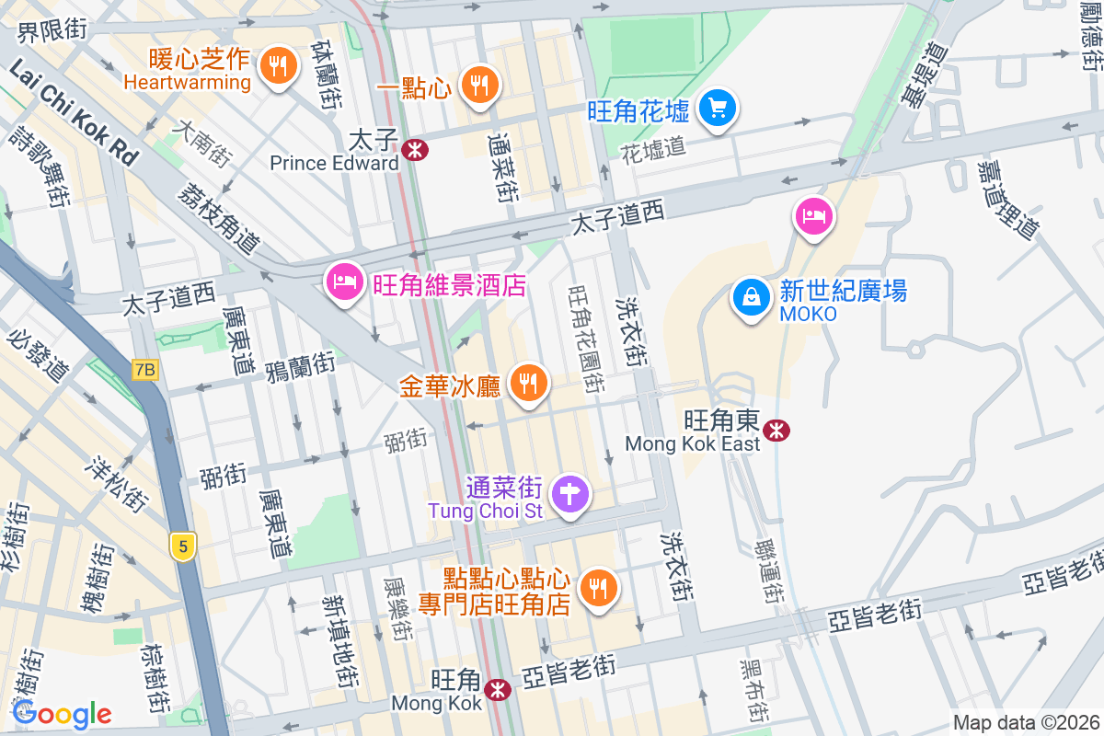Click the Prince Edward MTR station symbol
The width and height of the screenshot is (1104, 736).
tap(415, 149)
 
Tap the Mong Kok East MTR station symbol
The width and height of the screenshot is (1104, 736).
tap(777, 430)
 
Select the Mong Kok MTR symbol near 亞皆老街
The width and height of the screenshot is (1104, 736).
tap(498, 688)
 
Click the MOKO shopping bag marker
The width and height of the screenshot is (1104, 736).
tap(752, 297)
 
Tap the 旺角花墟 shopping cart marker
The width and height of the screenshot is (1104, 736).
tap(717, 108)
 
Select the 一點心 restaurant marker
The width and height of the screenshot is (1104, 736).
tap(478, 85)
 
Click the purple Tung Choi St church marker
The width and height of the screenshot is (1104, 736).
tap(570, 494)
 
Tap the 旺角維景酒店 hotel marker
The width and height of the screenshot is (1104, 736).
tap(344, 281)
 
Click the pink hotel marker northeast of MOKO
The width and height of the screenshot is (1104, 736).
tap(814, 216)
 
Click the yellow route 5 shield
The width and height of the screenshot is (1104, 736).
tap(183, 547)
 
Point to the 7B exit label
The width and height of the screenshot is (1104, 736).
tap(144, 370)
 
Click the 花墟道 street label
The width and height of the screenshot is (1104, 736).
tap(652, 148)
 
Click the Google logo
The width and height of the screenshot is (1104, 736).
tap(62, 713)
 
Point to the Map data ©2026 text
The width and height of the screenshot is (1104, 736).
tap(1025, 722)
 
